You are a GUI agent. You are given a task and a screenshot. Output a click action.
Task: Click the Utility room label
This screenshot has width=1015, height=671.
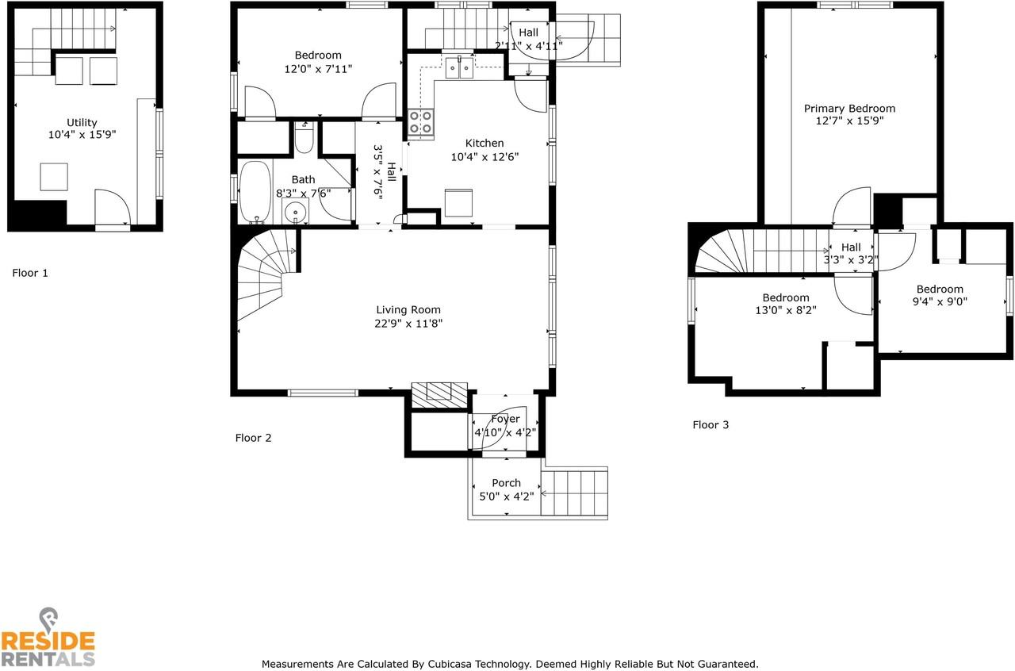82,122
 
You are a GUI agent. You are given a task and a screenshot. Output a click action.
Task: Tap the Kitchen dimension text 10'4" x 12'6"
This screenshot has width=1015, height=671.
485,157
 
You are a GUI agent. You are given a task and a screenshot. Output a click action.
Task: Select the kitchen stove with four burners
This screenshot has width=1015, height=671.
420,123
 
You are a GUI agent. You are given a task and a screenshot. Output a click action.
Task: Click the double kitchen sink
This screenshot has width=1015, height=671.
459,67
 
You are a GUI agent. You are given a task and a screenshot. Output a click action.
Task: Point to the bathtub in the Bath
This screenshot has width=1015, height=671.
255,192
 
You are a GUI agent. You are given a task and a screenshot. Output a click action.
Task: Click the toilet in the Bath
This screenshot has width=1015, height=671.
304,138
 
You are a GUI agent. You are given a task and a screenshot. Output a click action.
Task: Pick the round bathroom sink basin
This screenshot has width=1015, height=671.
296,211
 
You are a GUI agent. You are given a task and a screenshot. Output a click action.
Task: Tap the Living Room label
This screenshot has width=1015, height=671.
408,309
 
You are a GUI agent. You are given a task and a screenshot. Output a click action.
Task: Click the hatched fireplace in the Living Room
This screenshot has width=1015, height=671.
439,395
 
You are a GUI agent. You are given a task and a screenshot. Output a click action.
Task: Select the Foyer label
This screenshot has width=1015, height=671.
505,419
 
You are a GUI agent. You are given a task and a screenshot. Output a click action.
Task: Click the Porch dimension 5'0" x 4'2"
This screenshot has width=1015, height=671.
507,497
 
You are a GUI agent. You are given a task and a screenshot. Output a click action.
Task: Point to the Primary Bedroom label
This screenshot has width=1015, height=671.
849,109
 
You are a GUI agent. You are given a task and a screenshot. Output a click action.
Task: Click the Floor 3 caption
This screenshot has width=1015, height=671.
710,425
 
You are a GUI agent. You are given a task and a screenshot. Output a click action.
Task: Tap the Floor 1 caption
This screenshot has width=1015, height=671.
30,273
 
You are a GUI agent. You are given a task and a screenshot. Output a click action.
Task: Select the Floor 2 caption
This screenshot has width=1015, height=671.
253,438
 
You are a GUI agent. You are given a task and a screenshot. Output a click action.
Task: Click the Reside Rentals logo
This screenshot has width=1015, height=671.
48,638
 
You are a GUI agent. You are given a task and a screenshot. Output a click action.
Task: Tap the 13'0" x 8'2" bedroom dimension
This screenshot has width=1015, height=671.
786,311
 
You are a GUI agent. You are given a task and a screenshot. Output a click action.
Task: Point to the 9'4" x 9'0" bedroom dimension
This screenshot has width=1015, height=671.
940,301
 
